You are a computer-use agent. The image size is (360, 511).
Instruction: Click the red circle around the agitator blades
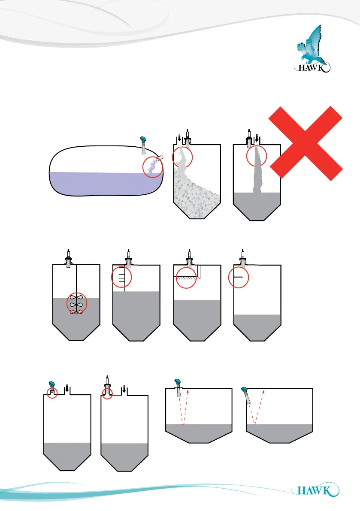[x=76, y=303]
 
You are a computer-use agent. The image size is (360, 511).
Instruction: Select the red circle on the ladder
[x=121, y=276]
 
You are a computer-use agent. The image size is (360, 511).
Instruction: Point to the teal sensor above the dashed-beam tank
[x=178, y=382]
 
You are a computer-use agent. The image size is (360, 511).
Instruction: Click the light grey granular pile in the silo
[x=197, y=197]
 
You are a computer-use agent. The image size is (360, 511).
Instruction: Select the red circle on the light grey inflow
[x=183, y=157]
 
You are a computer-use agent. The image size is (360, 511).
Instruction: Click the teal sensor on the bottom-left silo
[x=51, y=384]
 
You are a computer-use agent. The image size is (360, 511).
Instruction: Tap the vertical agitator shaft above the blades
[x=76, y=279]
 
